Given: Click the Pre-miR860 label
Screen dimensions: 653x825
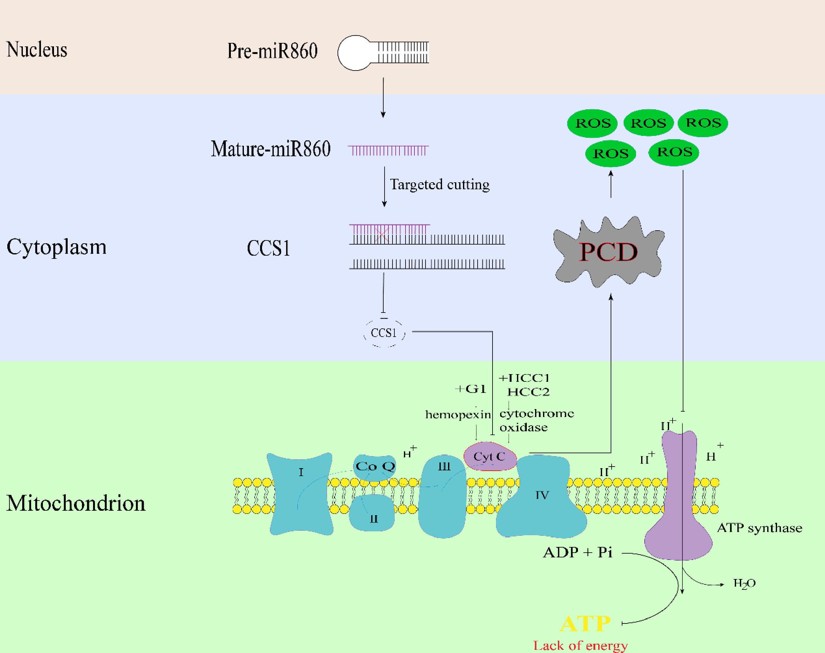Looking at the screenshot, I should click(272, 51).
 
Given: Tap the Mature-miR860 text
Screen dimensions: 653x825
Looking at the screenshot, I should click(270, 149).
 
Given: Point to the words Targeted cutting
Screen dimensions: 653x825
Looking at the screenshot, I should click(439, 185).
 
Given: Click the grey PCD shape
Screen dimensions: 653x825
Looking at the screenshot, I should click(608, 252).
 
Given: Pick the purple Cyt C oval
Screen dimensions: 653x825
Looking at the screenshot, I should click(490, 456).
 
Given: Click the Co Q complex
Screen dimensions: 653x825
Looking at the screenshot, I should click(375, 467).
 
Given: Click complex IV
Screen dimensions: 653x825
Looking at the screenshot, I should click(542, 497).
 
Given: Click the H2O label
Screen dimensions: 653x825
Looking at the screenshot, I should click(744, 584).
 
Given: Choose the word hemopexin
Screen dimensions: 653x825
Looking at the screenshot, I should click(458, 415).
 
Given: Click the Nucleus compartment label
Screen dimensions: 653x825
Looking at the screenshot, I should click(37, 50).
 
